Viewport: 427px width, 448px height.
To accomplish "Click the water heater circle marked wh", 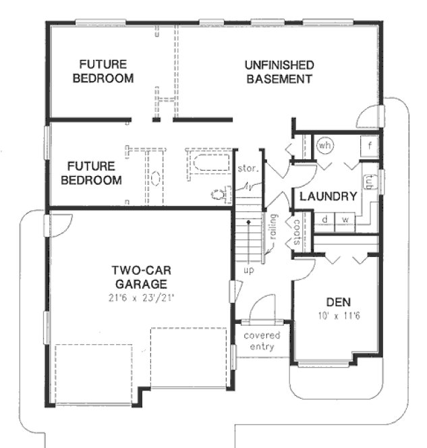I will click(326, 144).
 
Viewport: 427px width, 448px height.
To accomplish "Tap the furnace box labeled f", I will click(370, 145).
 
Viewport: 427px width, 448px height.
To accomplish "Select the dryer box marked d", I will click(325, 219).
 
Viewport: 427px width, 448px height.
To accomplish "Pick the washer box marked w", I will click(344, 219).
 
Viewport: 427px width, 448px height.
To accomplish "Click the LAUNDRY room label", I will click(328, 197).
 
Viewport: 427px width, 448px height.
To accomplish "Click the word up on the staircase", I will click(248, 270).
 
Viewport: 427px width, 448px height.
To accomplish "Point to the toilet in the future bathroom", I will click(219, 194).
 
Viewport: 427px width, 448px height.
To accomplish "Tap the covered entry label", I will click(262, 341).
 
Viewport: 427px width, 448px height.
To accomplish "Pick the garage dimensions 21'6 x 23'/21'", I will click(139, 297).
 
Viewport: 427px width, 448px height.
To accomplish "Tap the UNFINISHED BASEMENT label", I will click(279, 72).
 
